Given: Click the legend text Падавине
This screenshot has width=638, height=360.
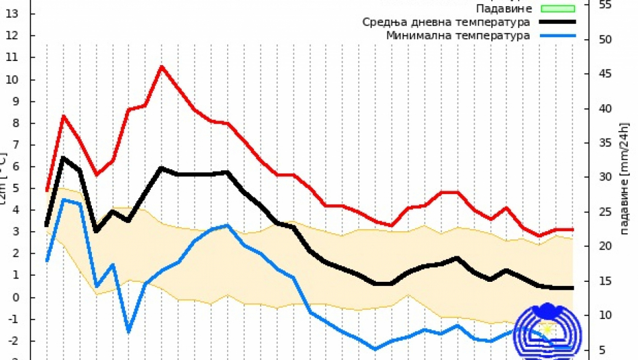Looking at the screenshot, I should [x=504, y=9].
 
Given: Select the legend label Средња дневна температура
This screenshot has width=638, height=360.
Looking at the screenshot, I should [x=446, y=22].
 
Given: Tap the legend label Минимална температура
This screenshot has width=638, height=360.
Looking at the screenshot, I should [x=458, y=35].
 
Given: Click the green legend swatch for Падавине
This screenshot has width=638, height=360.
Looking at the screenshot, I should [x=557, y=9].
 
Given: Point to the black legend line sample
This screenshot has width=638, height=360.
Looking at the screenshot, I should [x=557, y=22].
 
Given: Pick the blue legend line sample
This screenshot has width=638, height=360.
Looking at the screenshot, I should [x=557, y=35].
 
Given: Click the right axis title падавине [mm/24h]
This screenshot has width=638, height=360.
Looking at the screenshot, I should [x=624, y=178].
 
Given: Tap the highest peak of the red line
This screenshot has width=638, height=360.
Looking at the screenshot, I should [x=161, y=67].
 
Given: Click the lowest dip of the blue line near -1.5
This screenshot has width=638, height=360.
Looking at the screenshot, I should [x=128, y=331].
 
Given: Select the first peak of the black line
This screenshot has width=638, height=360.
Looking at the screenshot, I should [x=63, y=158].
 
